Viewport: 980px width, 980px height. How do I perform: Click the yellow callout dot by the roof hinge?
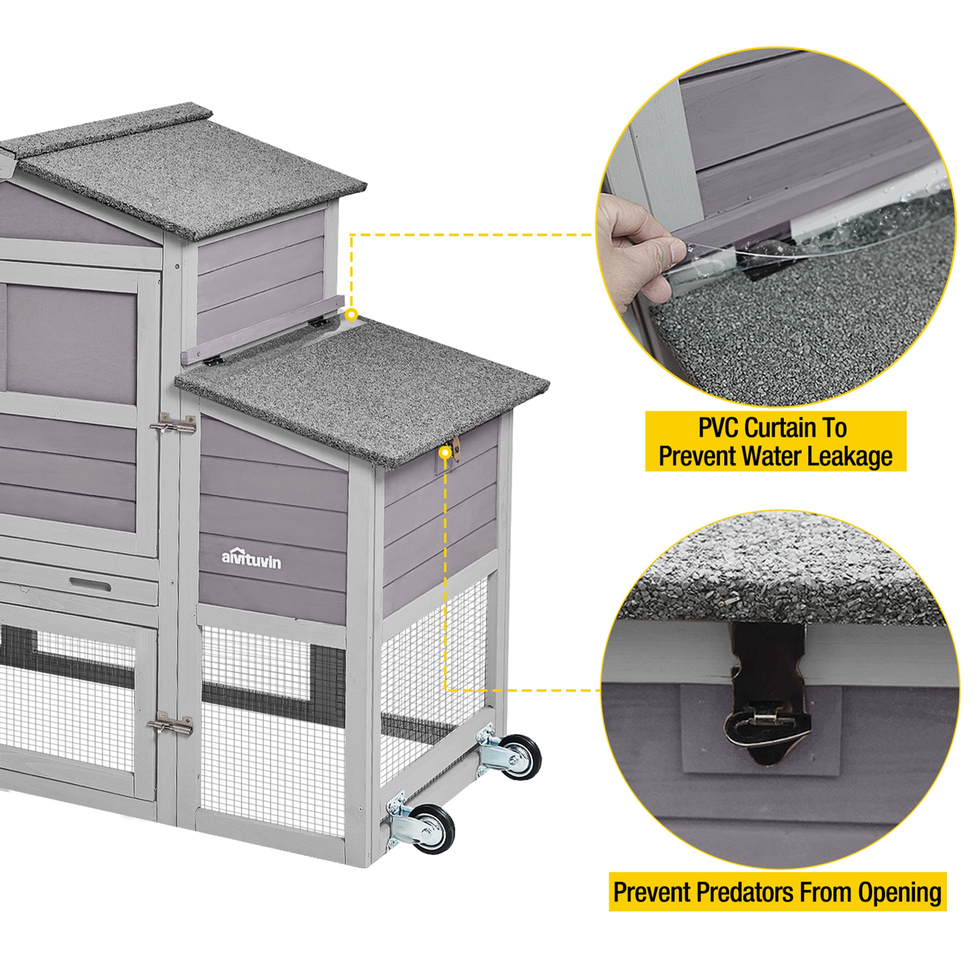click(x=351, y=315)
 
